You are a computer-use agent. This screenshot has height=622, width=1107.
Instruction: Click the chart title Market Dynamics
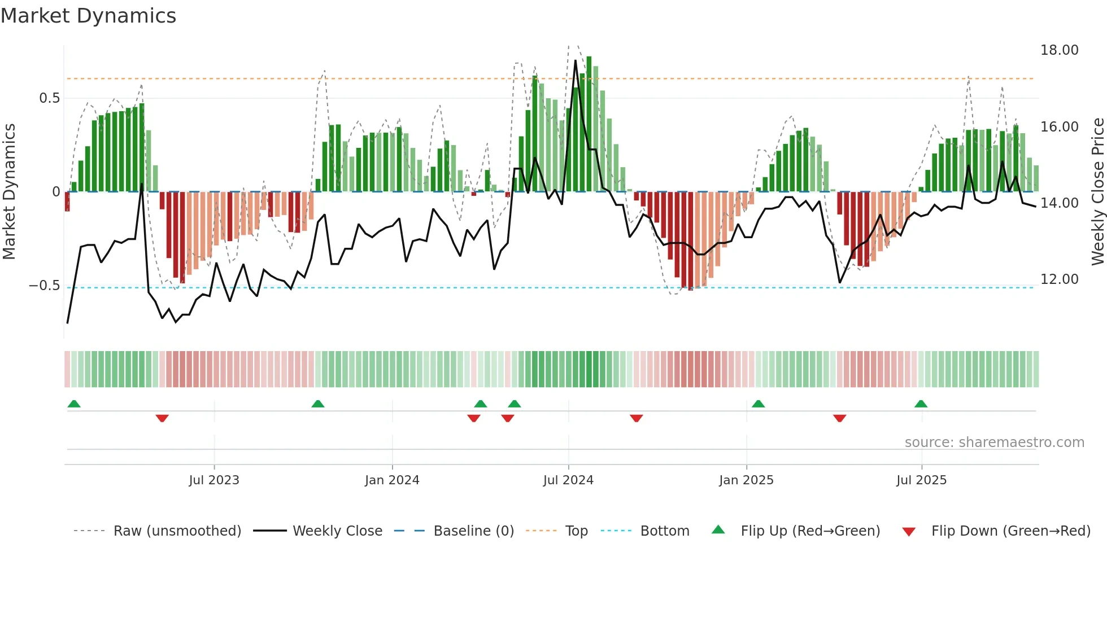click(x=88, y=16)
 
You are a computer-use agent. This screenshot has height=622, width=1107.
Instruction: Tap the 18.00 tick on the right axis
click(x=1059, y=50)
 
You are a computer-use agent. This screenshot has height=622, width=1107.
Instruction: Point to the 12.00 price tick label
click(x=1059, y=279)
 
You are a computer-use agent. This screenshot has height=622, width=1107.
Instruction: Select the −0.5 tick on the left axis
click(x=44, y=286)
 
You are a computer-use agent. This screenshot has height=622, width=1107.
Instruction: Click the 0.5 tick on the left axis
click(x=49, y=98)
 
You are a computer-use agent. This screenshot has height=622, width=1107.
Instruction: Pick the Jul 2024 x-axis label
click(x=568, y=480)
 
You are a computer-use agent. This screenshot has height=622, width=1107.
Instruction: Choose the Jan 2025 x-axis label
click(x=746, y=480)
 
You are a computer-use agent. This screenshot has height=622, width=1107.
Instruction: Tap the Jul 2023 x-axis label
click(x=214, y=480)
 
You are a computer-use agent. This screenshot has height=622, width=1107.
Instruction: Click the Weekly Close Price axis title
click(x=1097, y=192)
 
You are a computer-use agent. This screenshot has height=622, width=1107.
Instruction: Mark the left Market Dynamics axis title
click(x=9, y=192)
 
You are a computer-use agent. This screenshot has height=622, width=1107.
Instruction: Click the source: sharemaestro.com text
click(x=994, y=443)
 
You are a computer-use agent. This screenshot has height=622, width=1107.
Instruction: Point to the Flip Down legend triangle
click(x=909, y=532)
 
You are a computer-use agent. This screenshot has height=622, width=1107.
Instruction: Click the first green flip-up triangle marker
click(x=74, y=404)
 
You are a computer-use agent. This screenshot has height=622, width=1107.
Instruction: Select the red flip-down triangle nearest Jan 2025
click(x=637, y=418)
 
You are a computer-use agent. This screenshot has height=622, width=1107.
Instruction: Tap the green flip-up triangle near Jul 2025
click(x=921, y=404)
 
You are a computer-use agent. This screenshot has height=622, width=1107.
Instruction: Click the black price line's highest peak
click(x=576, y=60)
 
